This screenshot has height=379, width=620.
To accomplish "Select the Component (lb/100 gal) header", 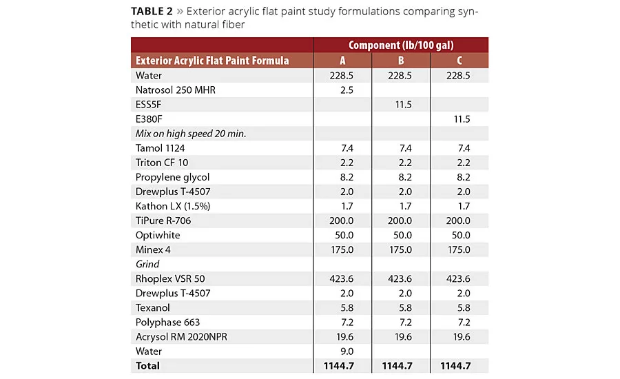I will coord(400,45).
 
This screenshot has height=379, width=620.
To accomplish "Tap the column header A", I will coord(342,61).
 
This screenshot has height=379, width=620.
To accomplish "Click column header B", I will coord(401,61).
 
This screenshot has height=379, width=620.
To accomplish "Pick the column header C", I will coord(459,61).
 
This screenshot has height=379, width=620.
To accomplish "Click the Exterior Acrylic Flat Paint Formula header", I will coord(212,61).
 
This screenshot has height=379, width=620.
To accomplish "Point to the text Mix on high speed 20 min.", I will coord(191,133).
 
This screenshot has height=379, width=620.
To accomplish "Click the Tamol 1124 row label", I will coord(160,147).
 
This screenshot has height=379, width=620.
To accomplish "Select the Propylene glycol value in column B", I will coord(401,177).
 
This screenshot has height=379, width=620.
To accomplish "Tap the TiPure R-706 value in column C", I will coord(459,221).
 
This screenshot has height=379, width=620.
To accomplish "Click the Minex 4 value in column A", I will coord(342,249).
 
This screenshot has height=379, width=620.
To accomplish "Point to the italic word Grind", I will coord(147,264).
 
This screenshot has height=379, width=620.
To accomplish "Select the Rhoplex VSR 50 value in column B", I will coord(401,278).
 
